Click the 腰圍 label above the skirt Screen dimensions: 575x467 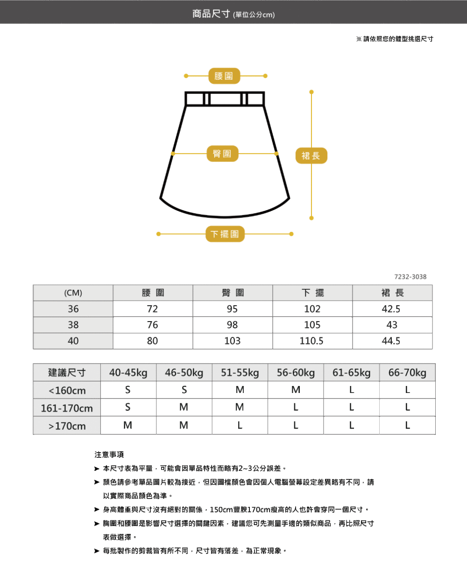[x=224, y=76]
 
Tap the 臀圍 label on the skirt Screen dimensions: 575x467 [x=222, y=154]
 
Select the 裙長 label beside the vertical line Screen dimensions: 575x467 [x=311, y=156]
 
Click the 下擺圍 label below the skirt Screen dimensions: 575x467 [x=225, y=234]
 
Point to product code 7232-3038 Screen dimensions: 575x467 [x=410, y=277]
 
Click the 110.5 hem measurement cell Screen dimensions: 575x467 [x=312, y=341]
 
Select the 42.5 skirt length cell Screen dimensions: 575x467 [x=391, y=309]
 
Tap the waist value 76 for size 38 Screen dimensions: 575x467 [x=153, y=325]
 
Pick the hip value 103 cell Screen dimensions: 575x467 [x=233, y=341]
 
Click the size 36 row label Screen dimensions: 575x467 [x=73, y=309]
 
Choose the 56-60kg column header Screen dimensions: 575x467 [x=296, y=373]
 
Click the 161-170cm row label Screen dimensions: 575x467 [x=67, y=408]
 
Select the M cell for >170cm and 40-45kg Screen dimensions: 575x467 [x=127, y=426]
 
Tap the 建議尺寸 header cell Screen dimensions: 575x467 [x=67, y=373]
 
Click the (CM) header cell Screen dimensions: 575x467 [x=73, y=293]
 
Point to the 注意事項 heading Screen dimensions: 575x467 [x=109, y=455]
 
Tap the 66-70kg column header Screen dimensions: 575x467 [x=407, y=373]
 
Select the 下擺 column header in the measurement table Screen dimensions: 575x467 [x=312, y=293]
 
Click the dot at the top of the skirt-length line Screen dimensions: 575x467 [x=311, y=91]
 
